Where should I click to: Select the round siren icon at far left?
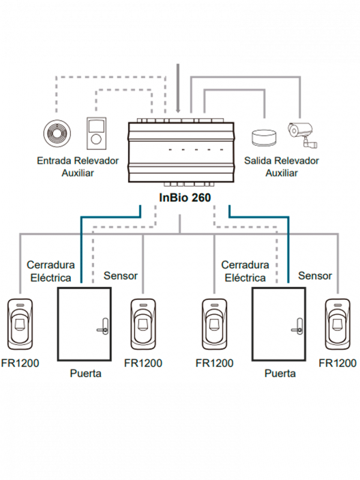(x=58, y=134)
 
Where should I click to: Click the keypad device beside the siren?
(x=96, y=133)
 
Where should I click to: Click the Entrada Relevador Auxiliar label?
(x=78, y=167)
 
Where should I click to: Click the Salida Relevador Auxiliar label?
(x=281, y=167)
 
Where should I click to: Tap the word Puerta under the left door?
(x=85, y=373)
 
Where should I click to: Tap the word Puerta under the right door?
(x=280, y=373)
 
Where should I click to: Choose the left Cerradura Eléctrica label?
(x=50, y=271)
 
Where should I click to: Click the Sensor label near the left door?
(x=121, y=276)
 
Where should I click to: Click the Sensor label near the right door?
(x=315, y=276)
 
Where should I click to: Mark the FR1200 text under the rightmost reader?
(x=338, y=363)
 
